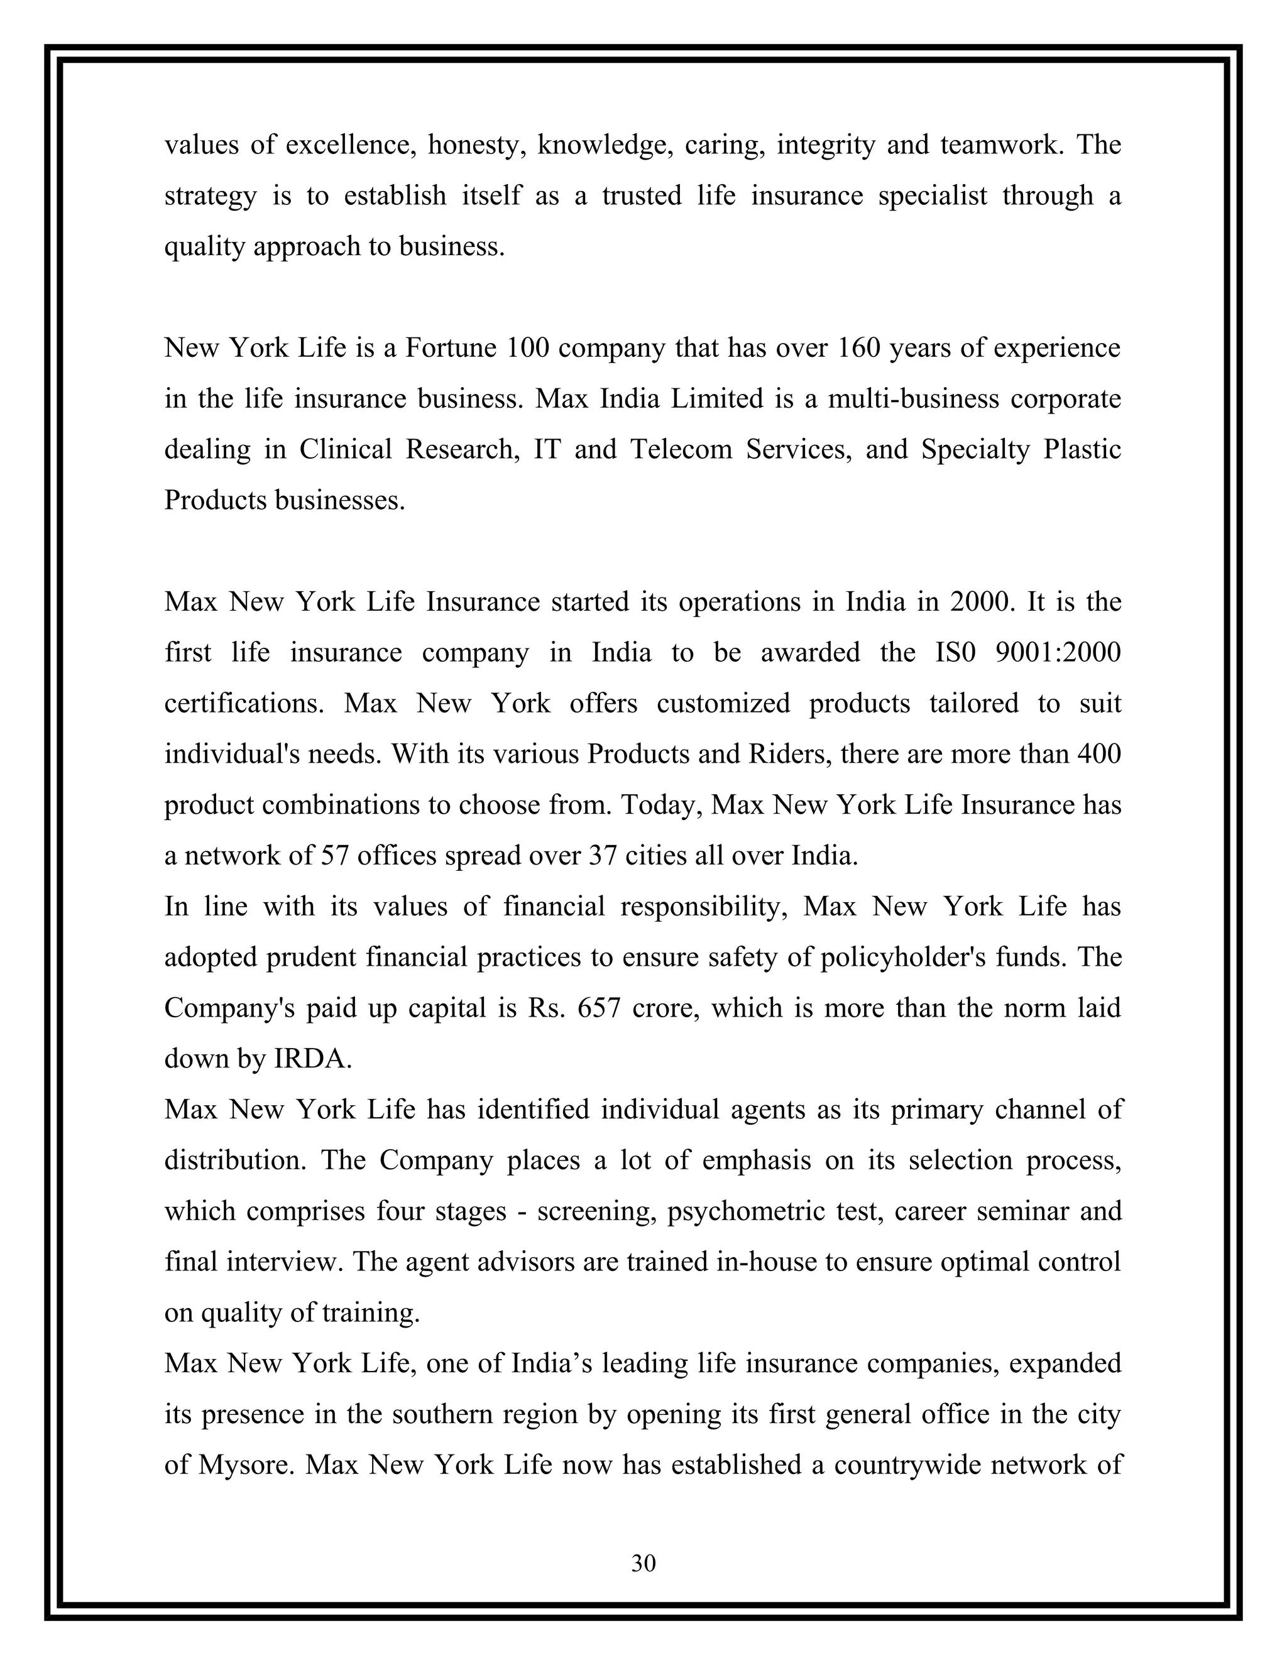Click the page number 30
(643, 1563)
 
